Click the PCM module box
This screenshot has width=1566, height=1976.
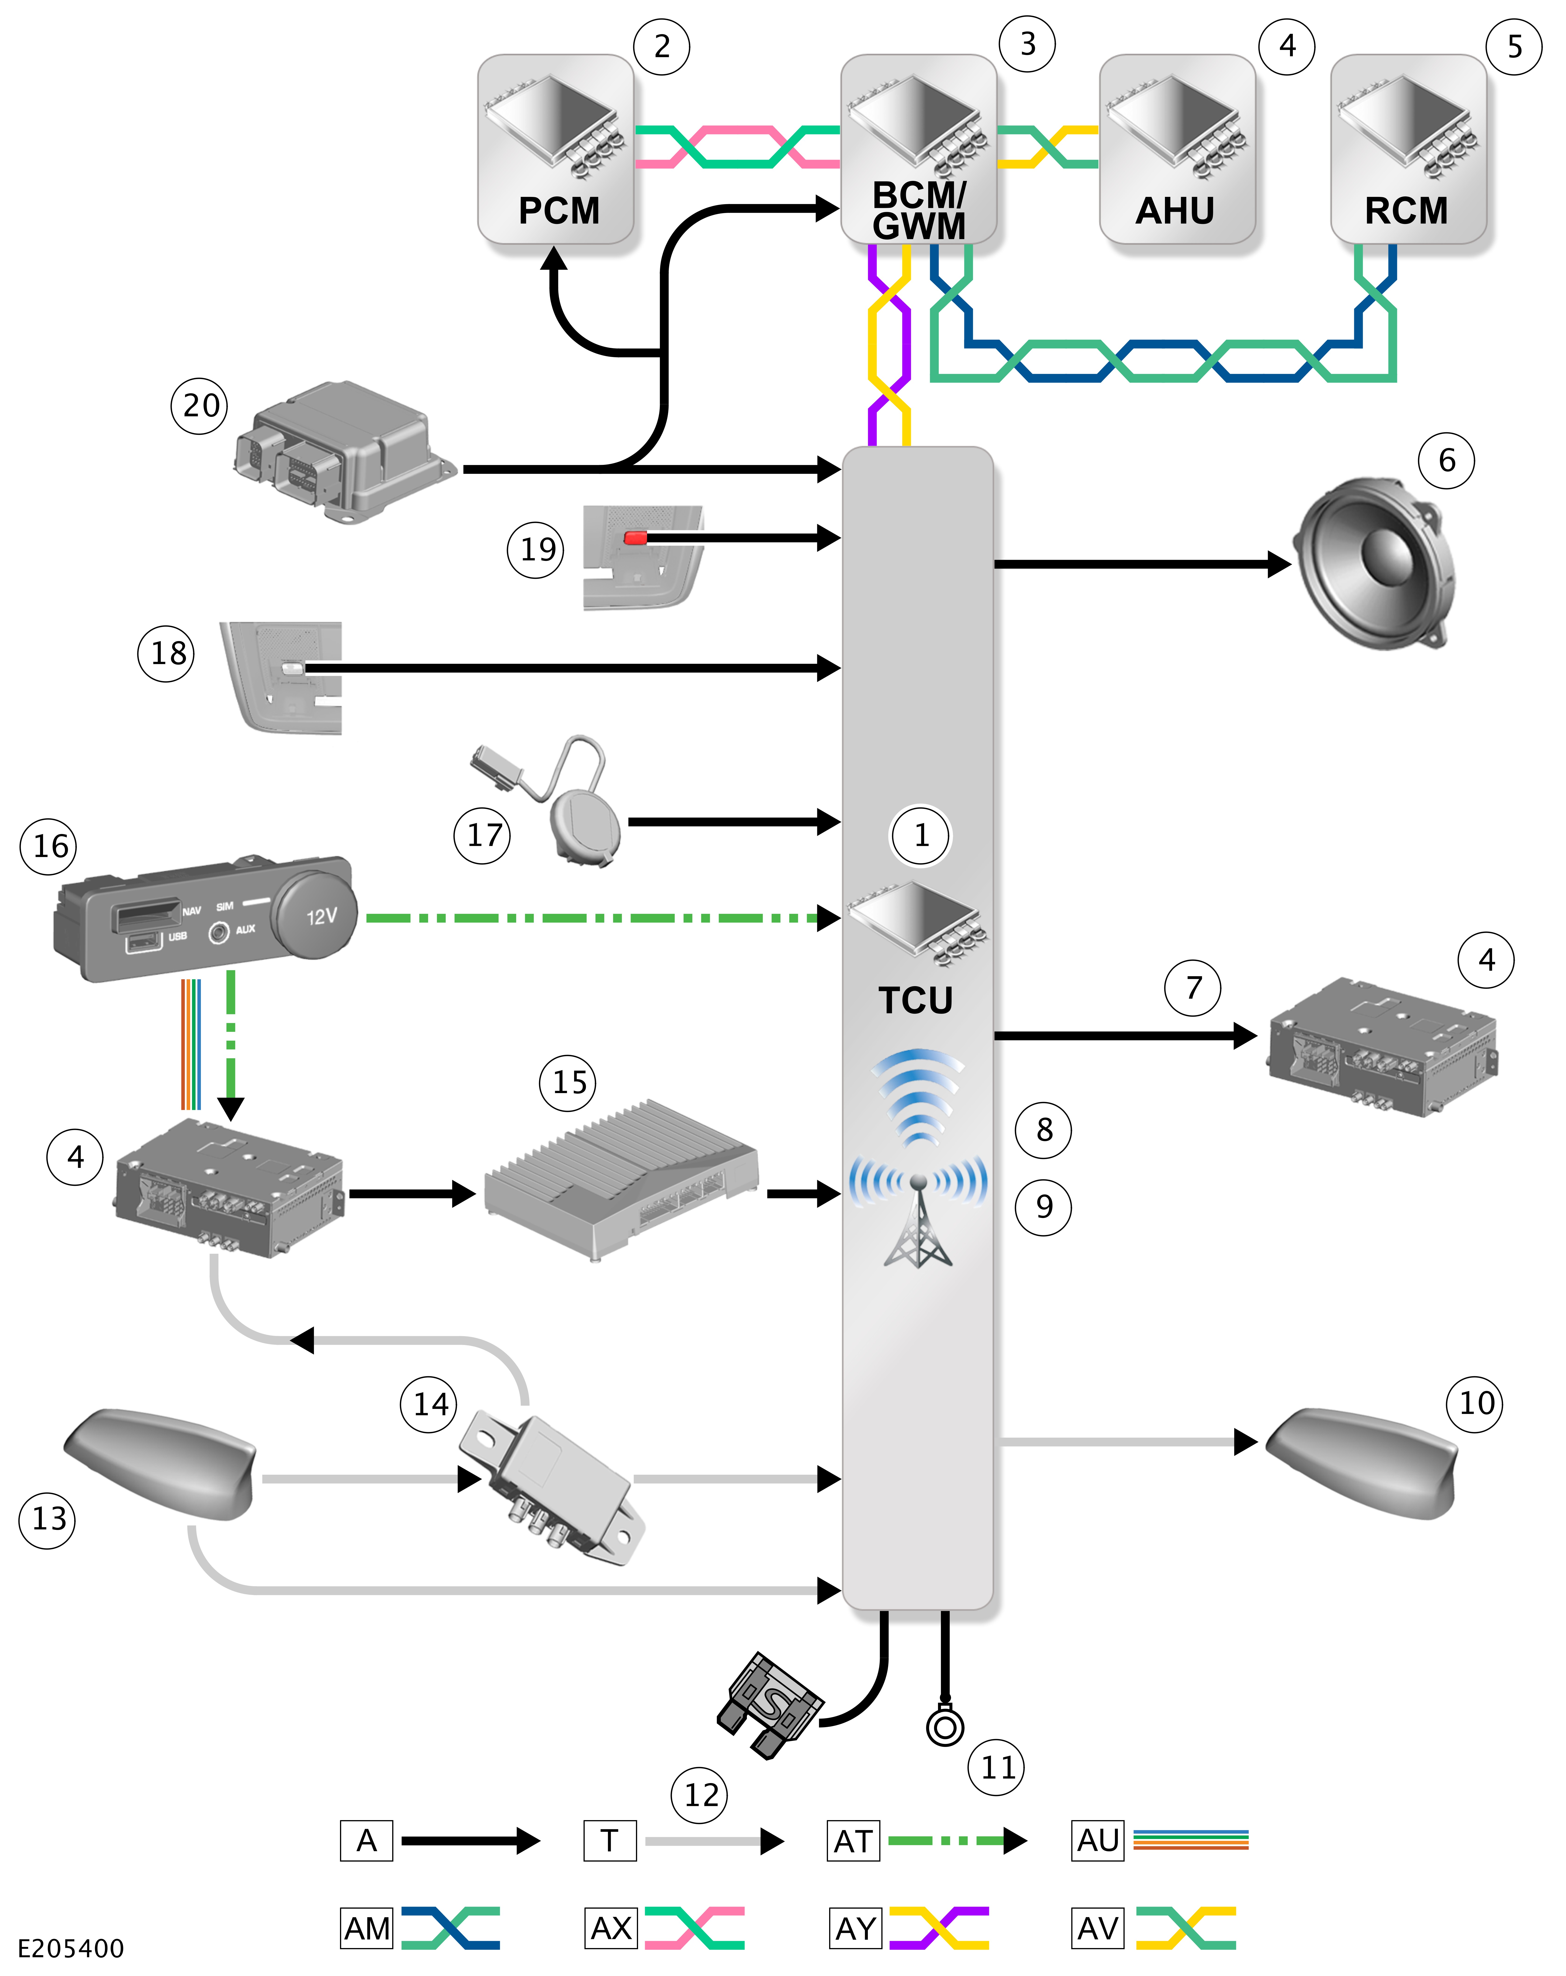click(x=555, y=148)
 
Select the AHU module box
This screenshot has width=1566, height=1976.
click(x=1177, y=148)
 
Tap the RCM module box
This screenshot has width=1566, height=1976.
click(x=1408, y=148)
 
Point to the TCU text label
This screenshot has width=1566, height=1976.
click(x=915, y=1000)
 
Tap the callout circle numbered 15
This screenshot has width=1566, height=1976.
click(x=568, y=1082)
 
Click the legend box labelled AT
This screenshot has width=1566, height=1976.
click(x=853, y=1840)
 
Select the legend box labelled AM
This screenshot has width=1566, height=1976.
click(x=367, y=1928)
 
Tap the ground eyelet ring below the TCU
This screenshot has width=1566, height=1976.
click(x=945, y=1727)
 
